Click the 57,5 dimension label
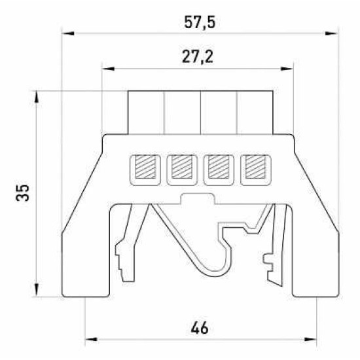[200, 22]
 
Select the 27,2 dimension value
[198, 57]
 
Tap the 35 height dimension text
[22, 193]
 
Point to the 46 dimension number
[200, 328]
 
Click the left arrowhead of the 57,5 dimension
[68, 33]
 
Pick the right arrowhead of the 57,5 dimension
[332, 33]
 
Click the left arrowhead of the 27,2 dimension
[108, 69]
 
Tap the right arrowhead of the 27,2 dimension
[287, 69]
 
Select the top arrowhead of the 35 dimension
[36, 98]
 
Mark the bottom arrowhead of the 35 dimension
[36, 290]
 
